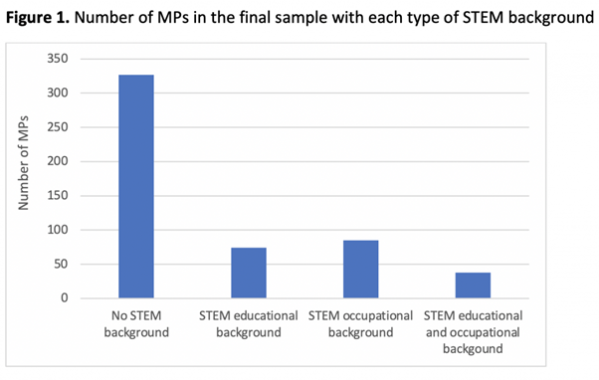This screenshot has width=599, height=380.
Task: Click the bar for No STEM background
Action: [x=136, y=186]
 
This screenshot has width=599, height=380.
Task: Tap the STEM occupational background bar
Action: [x=360, y=269]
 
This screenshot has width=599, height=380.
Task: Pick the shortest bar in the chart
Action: [x=473, y=285]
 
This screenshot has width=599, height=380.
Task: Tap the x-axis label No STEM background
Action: [x=136, y=322]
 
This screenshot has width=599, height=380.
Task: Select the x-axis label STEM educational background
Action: [x=249, y=322]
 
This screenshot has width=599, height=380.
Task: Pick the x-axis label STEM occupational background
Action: [x=360, y=322]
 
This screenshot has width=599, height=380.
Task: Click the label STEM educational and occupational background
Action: [x=473, y=330]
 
